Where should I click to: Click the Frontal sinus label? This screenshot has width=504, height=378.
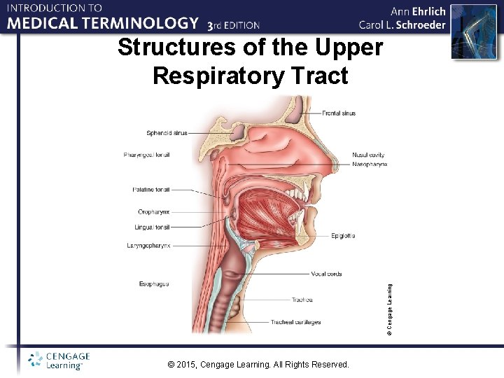[339, 113]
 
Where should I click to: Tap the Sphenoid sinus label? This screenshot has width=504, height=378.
[167, 132]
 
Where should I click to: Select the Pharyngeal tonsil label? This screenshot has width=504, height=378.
[146, 155]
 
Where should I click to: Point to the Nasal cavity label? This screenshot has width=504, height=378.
[368, 155]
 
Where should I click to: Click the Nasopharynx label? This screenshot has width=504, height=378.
[370, 164]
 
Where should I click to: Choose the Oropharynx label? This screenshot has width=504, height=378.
[153, 211]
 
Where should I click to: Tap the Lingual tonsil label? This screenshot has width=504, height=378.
[152, 227]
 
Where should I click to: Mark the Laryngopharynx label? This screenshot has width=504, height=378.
[148, 246]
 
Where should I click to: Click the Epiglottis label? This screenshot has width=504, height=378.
[343, 236]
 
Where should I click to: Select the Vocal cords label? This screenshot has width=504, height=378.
[326, 274]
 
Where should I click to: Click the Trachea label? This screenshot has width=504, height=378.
[302, 300]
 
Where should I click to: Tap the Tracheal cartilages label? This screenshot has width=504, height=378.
[297, 322]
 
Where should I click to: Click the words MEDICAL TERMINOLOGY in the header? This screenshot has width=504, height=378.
[103, 24]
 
